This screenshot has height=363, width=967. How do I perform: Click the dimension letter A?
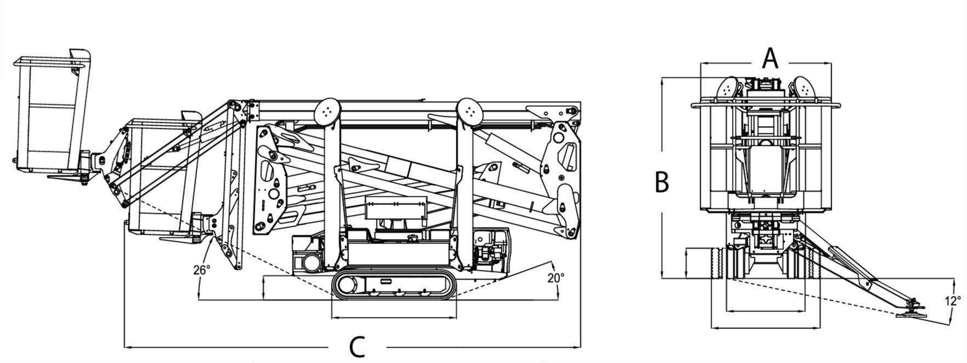[770, 58]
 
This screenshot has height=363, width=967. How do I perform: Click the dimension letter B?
[662, 182]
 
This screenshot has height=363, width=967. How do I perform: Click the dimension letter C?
[357, 347]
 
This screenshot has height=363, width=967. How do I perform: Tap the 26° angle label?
[201, 270]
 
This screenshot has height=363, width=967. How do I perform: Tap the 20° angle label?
[556, 278]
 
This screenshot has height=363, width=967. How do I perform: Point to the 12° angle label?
[953, 301]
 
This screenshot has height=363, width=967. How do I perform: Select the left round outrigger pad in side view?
[328, 111]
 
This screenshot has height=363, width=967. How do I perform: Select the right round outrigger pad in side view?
[469, 111]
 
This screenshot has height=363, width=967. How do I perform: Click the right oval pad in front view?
[804, 89]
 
